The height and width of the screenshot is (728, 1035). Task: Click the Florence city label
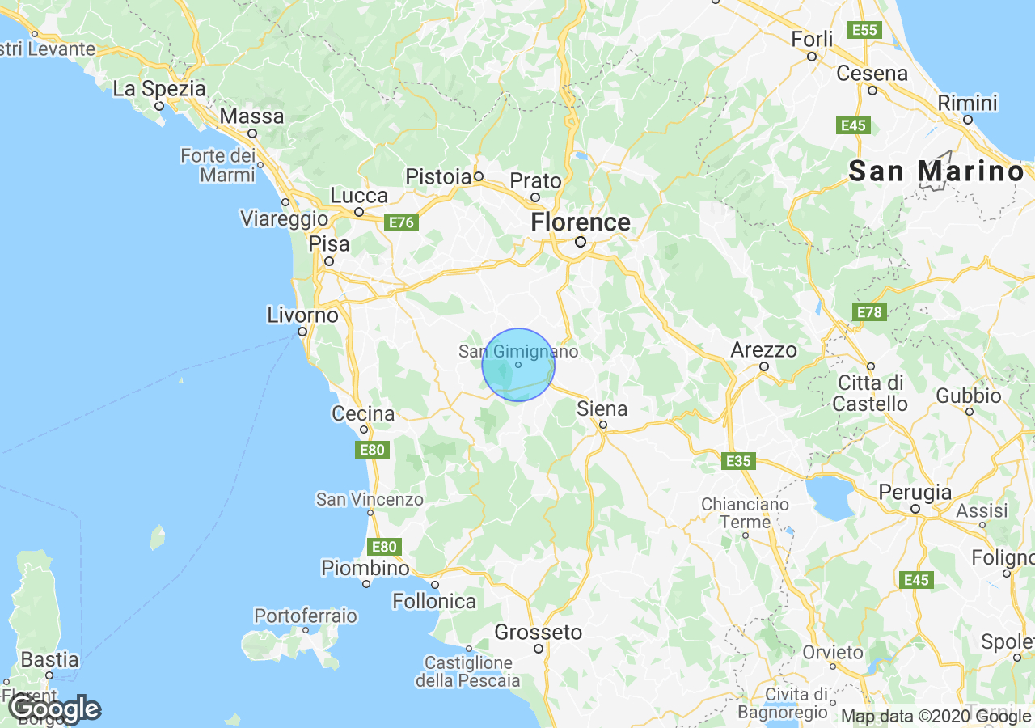pyautogui.click(x=580, y=222)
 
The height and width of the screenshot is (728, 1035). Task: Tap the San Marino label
pyautogui.click(x=936, y=171)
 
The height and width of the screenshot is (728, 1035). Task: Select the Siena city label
pyautogui.click(x=602, y=408)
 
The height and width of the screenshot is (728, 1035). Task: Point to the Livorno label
pyautogui.click(x=302, y=315)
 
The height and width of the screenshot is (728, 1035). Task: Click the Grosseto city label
pyautogui.click(x=538, y=632)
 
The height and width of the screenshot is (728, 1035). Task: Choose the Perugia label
pyautogui.click(x=916, y=492)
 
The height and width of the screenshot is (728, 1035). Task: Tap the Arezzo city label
pyautogui.click(x=763, y=350)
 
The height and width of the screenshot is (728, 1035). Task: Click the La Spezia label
pyautogui.click(x=159, y=89)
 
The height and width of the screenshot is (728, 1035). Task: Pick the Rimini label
pyautogui.click(x=967, y=104)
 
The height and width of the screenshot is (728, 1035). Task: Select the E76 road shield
pyautogui.click(x=400, y=222)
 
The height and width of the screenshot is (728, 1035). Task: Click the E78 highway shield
pyautogui.click(x=870, y=312)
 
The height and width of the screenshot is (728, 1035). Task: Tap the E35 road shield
pyautogui.click(x=738, y=461)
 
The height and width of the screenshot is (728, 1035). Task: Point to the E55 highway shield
pyautogui.click(x=864, y=30)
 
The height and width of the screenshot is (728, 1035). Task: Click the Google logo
pyautogui.click(x=55, y=709)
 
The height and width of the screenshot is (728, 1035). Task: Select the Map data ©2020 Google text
pyautogui.click(x=936, y=716)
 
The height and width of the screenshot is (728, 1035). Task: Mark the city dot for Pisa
pyautogui.click(x=329, y=261)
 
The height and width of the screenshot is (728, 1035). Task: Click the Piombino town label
pyautogui.click(x=365, y=568)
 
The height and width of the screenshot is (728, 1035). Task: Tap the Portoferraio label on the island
pyautogui.click(x=305, y=616)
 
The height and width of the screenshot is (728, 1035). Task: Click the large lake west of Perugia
pyautogui.click(x=830, y=497)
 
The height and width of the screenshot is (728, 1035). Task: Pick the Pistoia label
pyautogui.click(x=438, y=176)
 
